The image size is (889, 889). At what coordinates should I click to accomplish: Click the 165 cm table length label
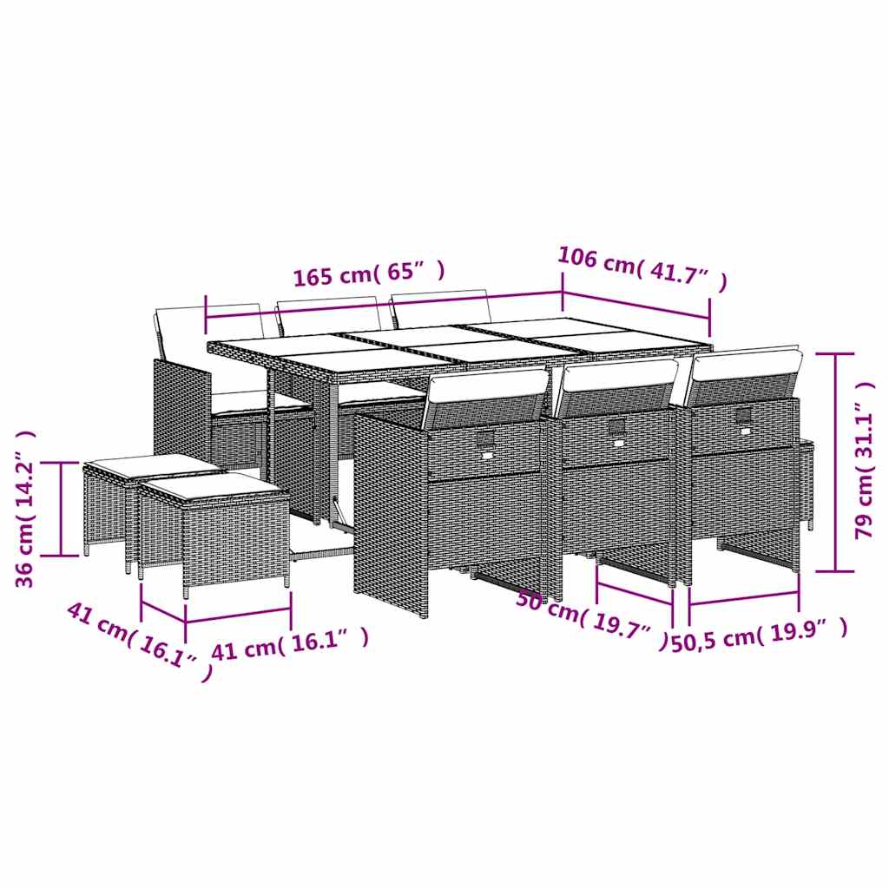369,274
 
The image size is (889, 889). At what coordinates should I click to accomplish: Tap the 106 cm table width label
642,268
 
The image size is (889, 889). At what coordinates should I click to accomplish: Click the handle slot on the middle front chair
617,426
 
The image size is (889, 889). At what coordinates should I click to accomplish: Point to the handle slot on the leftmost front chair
484,438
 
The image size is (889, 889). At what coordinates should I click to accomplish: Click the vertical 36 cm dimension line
61,509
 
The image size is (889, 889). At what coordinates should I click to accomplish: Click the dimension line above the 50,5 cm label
744,598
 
